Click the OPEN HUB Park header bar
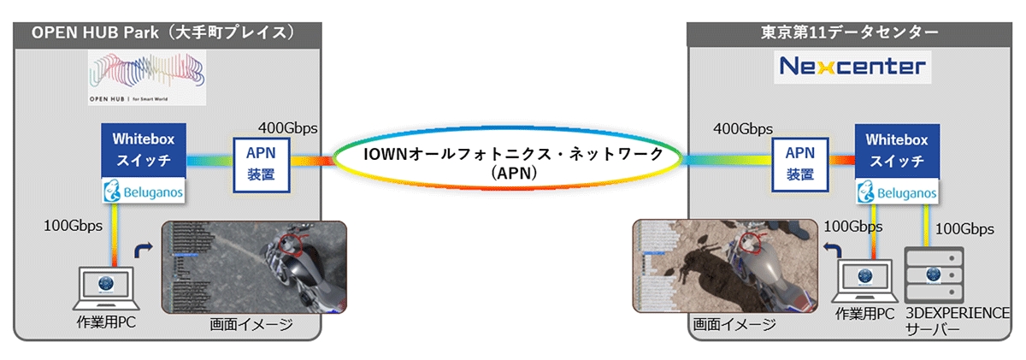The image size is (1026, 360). (x=167, y=33)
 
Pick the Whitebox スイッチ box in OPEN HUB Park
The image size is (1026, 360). (x=142, y=150)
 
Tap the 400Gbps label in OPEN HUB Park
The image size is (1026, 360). (x=288, y=128)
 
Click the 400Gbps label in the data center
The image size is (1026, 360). (x=741, y=130)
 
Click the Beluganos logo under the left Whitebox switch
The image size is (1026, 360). (x=142, y=190)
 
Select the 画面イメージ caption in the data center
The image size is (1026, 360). (x=734, y=324)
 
